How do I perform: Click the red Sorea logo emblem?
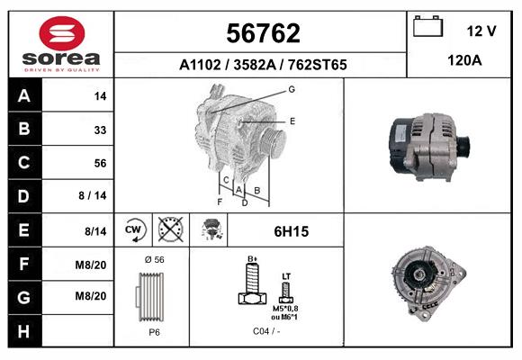(x=62, y=33)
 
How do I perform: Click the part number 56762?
(x=263, y=33)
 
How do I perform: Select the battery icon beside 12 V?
(x=427, y=26)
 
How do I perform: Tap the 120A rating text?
(x=464, y=60)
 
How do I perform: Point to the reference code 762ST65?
(x=318, y=65)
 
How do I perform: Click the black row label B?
(x=25, y=129)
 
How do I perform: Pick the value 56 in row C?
(x=100, y=163)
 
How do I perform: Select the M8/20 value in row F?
(x=91, y=265)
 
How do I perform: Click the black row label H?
(x=25, y=331)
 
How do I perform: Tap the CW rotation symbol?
(x=134, y=229)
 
